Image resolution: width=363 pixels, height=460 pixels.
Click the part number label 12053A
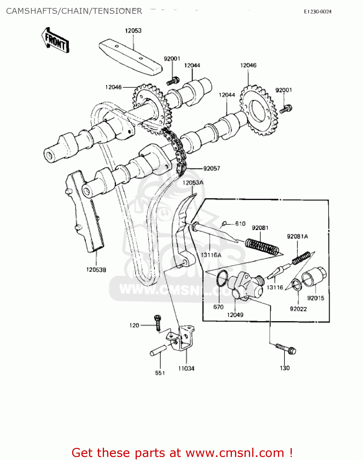point(193,183)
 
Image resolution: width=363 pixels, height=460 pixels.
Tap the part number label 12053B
point(96,270)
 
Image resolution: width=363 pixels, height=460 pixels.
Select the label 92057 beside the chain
point(212,168)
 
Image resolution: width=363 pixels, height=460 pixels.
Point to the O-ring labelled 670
point(222,278)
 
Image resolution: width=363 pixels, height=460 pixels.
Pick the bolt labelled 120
point(158,323)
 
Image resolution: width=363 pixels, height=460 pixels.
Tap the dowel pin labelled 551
point(158,351)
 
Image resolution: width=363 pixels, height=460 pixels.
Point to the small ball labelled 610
point(224,224)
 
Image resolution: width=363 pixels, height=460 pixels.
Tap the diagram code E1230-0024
point(318,12)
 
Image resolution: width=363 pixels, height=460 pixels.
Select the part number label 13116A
point(211,255)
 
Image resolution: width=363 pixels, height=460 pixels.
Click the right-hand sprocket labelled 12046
point(258,110)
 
